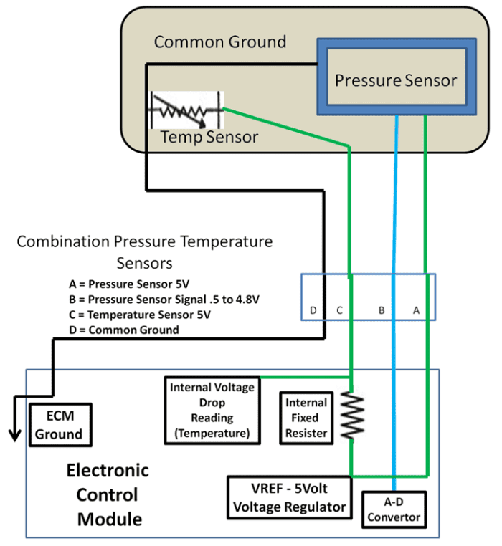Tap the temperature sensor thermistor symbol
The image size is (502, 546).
click(185, 110)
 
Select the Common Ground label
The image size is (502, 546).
click(220, 42)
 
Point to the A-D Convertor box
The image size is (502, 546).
click(394, 509)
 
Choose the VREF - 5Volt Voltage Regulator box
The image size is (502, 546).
click(290, 497)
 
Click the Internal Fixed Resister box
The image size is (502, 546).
click(306, 418)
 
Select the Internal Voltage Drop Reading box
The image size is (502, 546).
click(212, 411)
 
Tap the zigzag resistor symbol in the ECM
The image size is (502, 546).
click(352, 415)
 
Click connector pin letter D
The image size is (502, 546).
click(313, 311)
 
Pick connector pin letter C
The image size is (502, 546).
click(339, 311)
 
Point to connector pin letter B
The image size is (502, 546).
click(382, 311)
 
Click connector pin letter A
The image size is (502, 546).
click(415, 311)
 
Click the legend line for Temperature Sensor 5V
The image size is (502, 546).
click(144, 314)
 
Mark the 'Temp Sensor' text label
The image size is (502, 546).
click(209, 136)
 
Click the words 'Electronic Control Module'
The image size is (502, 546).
click(109, 494)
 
